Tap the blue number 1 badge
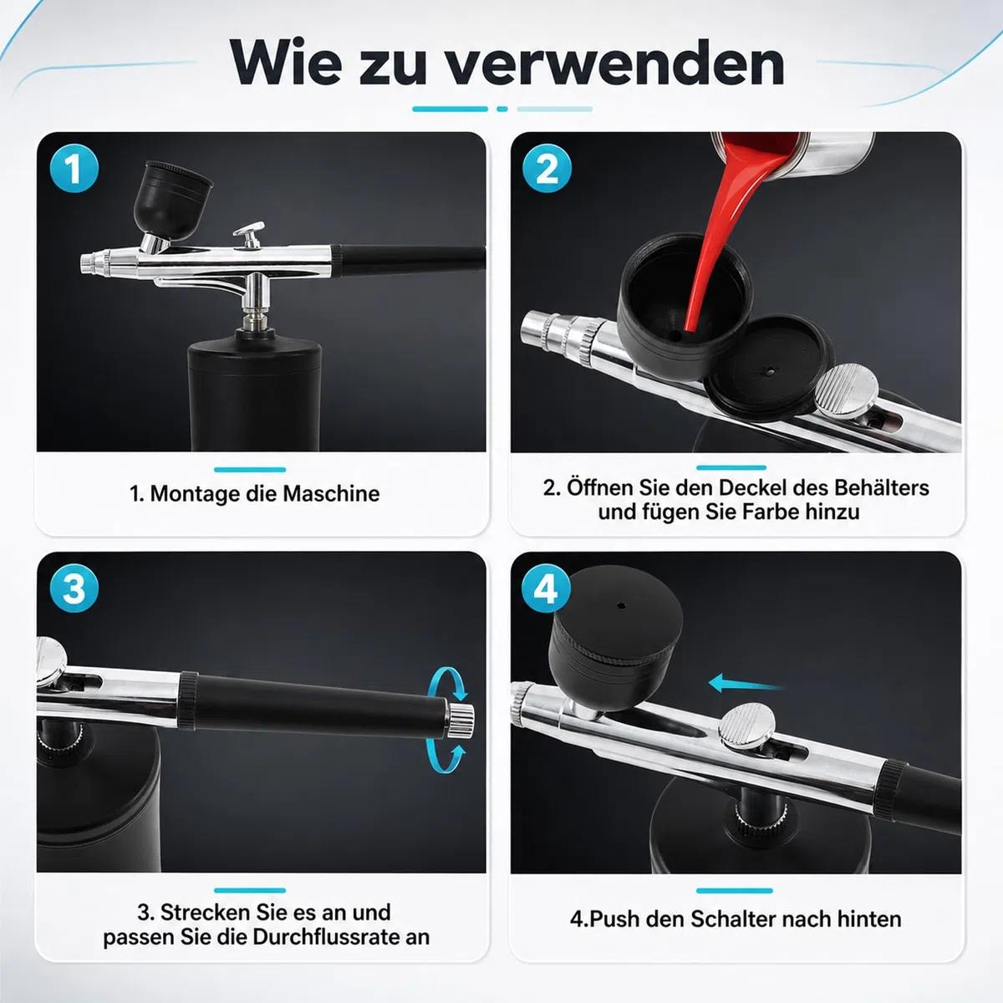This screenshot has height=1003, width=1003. (x=74, y=169)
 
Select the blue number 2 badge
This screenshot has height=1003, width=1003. (x=547, y=169)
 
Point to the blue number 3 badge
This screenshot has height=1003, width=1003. (x=74, y=588)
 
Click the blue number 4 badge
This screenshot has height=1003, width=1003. (x=546, y=588)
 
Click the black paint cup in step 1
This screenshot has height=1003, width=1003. (x=173, y=198)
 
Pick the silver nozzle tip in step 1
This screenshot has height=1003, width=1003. (x=92, y=262)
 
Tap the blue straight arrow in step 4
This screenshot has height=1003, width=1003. (x=746, y=684)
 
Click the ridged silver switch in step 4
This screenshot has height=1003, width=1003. (x=747, y=726)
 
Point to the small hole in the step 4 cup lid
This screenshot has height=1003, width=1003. (x=621, y=605)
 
